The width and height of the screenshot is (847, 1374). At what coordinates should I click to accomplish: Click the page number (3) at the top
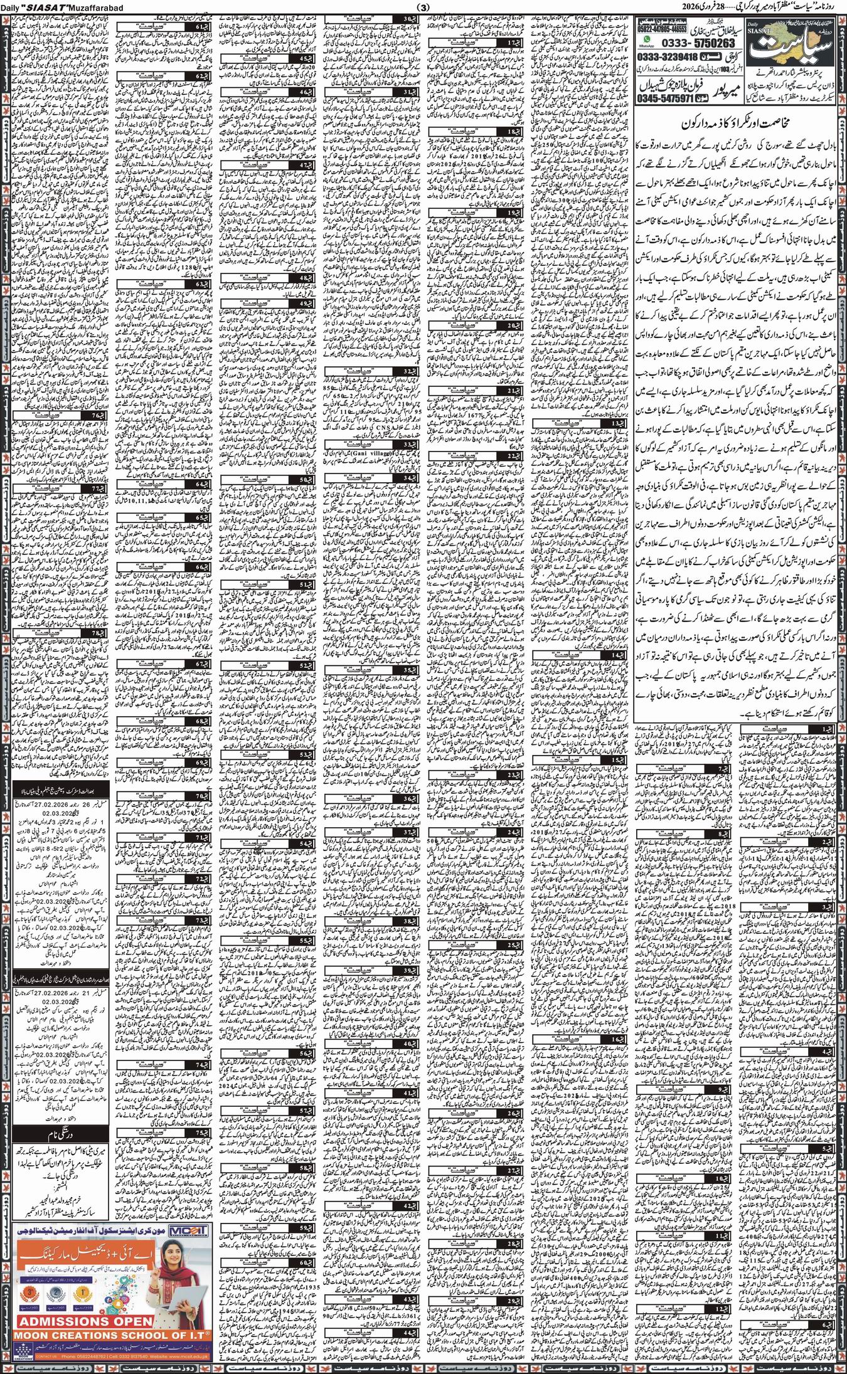(x=424, y=7)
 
